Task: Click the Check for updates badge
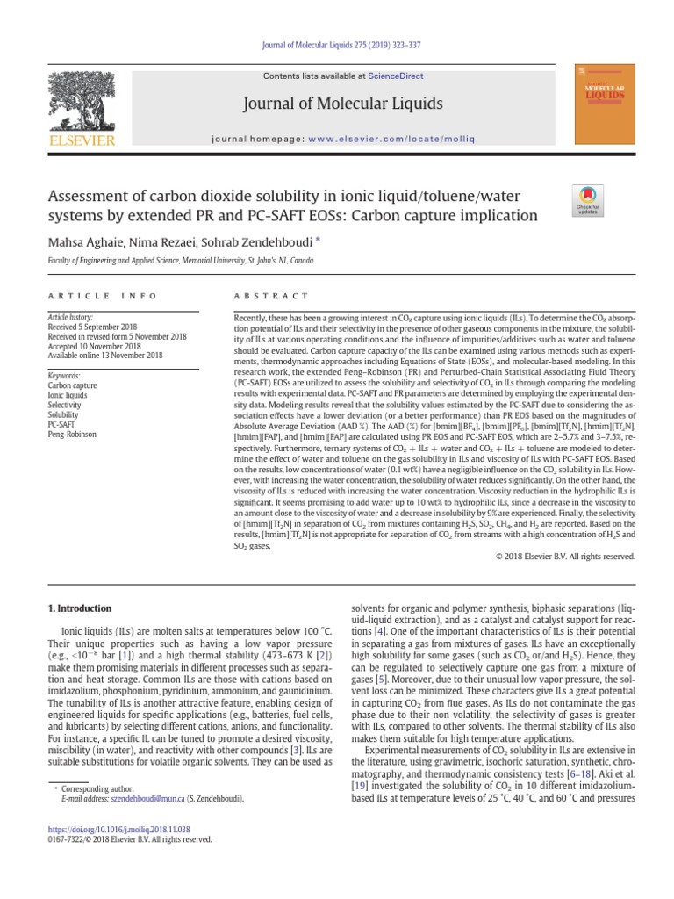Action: tap(587, 199)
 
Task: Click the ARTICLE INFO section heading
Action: tap(103, 296)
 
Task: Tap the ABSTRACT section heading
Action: tap(271, 296)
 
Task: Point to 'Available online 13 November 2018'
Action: tap(105, 355)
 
